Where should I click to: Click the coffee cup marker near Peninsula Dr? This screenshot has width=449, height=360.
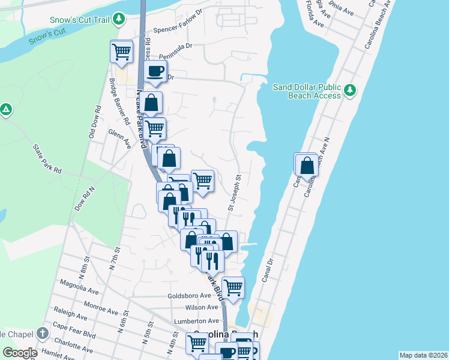point(155,71)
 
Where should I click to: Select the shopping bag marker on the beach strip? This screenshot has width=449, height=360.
point(307,166)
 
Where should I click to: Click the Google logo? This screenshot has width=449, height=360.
point(20,353)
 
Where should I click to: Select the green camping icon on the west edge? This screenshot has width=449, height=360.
point(5,110)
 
